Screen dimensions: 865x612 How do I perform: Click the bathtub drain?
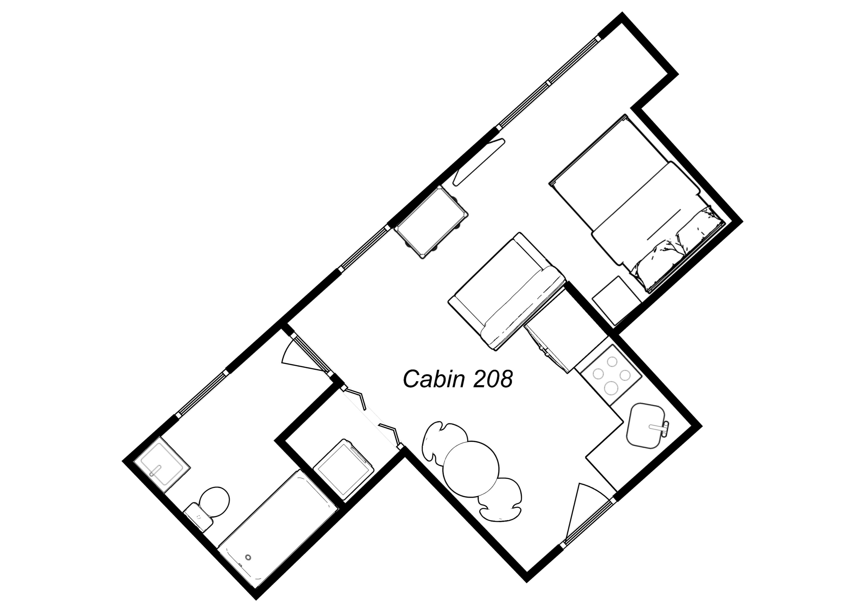(248, 557)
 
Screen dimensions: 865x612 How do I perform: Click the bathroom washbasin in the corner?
(162, 465)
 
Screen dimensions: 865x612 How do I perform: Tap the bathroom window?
(202, 393)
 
